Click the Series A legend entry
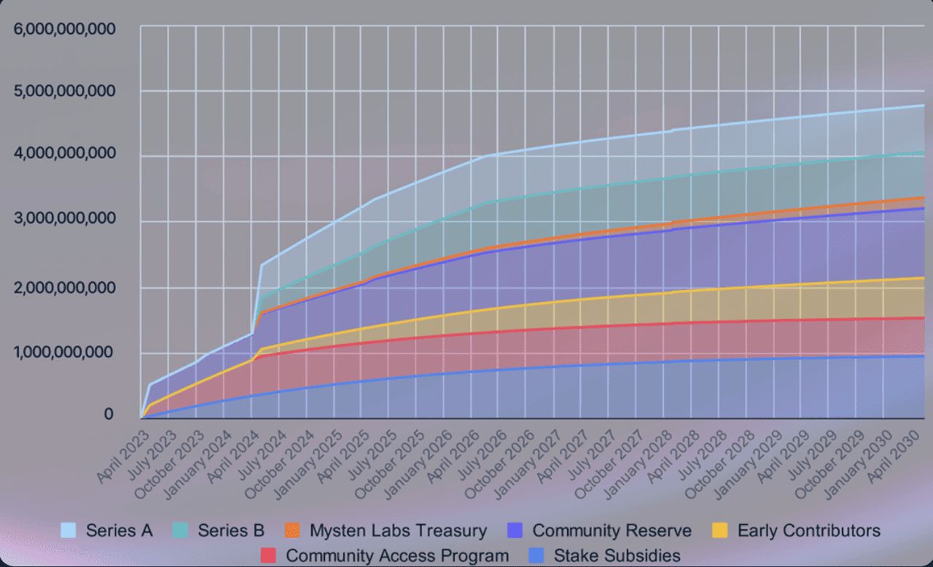[119, 531]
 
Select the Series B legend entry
[231, 531]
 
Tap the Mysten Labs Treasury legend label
[398, 531]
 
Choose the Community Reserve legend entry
[612, 531]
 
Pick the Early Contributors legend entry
[808, 531]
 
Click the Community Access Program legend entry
[397, 555]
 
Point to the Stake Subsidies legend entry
[617, 555]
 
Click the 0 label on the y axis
[109, 414]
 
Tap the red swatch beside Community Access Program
[269, 555]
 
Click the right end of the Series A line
[924, 106]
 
